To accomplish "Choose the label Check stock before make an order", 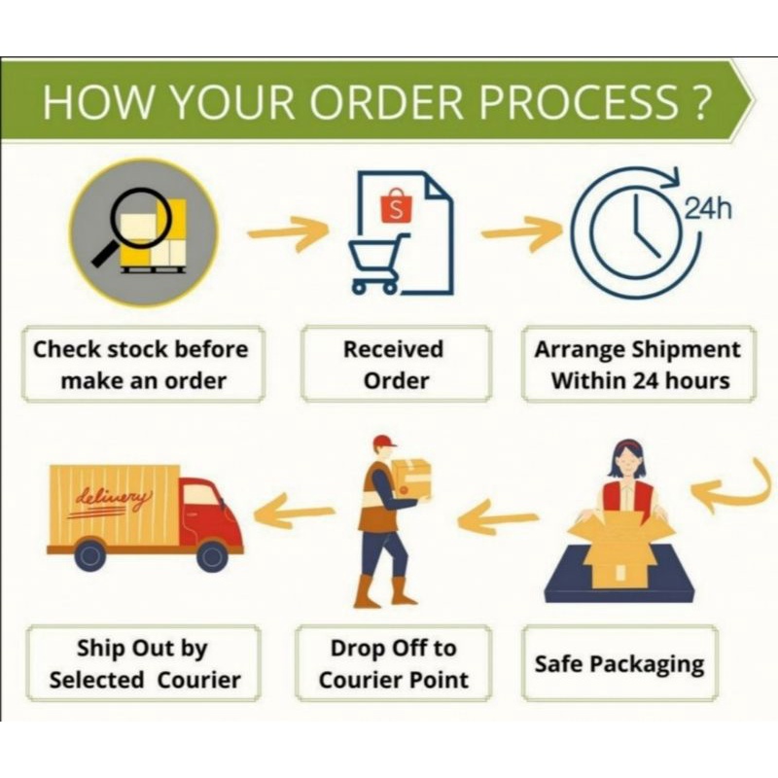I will tap(141, 364).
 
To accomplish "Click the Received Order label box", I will tap(397, 364).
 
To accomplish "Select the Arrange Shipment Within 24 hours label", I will tap(638, 364).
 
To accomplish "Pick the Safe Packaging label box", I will tap(619, 665).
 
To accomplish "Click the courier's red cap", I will tap(383, 442).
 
